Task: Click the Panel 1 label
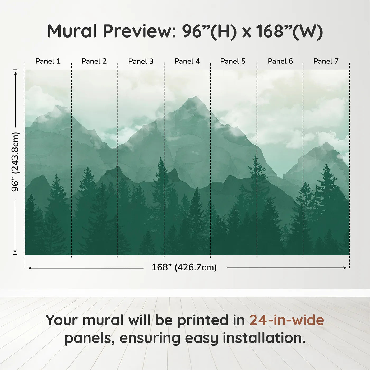[x=48, y=61]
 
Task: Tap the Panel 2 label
[x=94, y=61]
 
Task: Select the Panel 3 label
[x=141, y=61]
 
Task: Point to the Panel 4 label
[x=187, y=61]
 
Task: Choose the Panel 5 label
[x=233, y=61]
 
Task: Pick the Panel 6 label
[x=280, y=61]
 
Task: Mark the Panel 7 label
[x=326, y=61]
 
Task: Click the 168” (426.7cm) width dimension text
[x=184, y=267]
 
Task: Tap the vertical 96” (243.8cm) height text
[x=15, y=162]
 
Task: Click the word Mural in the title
[x=72, y=31]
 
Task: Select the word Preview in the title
[x=139, y=31]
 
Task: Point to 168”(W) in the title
[x=289, y=32]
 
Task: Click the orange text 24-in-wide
[x=287, y=320]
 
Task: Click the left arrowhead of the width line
[x=30, y=268]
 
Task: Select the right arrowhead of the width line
[x=345, y=268]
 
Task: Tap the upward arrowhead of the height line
[x=16, y=73]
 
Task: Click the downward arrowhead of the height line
[x=15, y=251]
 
